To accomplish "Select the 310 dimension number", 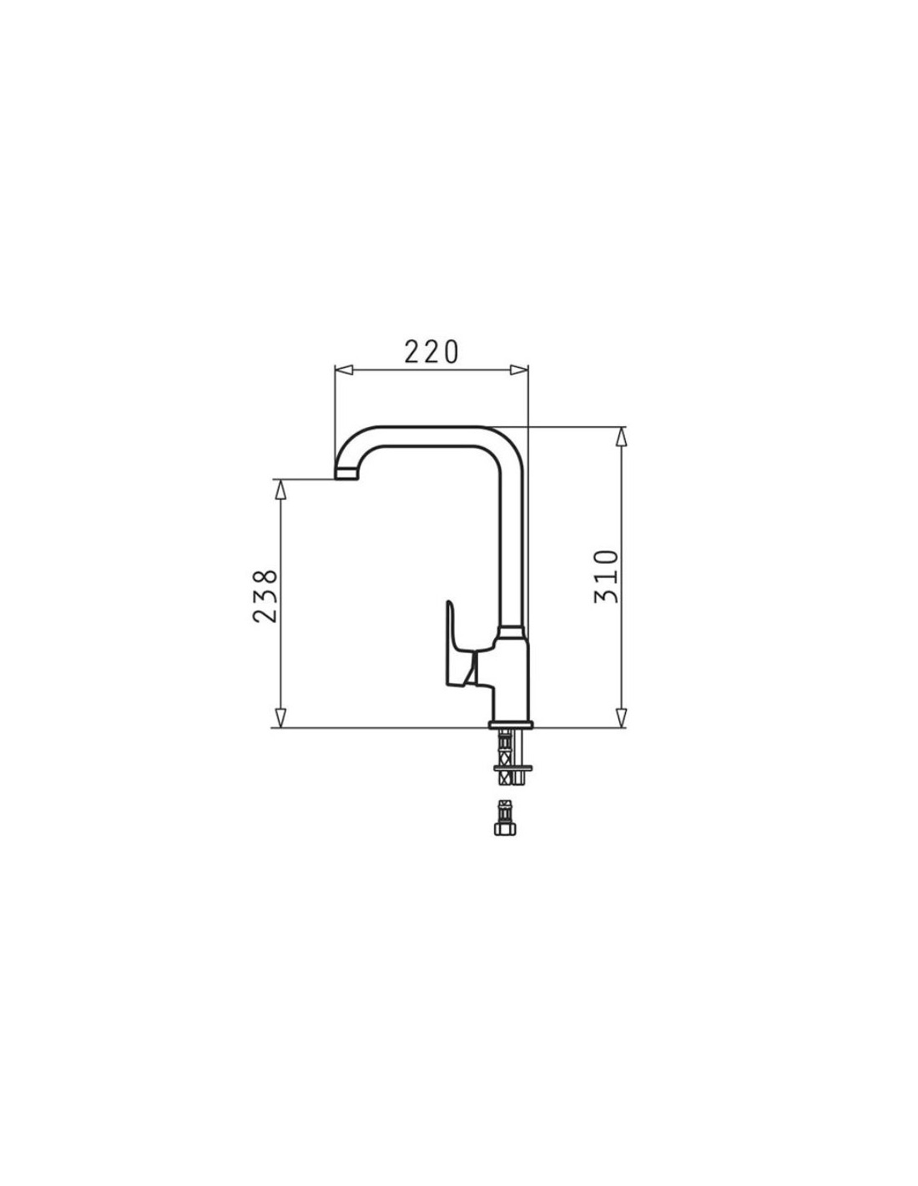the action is pyautogui.click(x=607, y=576).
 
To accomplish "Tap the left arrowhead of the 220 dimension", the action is pyautogui.click(x=343, y=370).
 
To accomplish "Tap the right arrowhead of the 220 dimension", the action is pyautogui.click(x=519, y=370).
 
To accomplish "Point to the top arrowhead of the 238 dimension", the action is pyautogui.click(x=280, y=490).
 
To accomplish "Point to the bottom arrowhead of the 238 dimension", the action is pyautogui.click(x=280, y=718).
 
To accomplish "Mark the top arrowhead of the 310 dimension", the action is pyautogui.click(x=621, y=436).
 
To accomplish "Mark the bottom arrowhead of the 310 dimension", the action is pyautogui.click(x=621, y=718).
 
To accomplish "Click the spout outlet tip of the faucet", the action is pyautogui.click(x=346, y=475).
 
